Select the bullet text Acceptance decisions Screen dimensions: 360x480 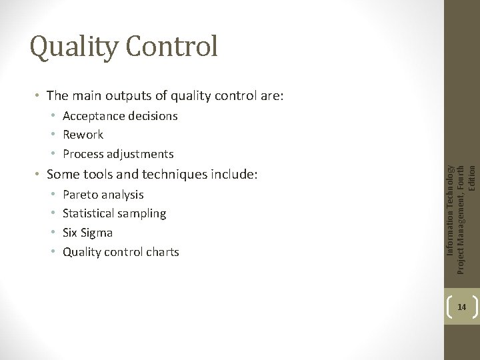[x=120, y=116]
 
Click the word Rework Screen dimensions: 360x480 [x=83, y=135]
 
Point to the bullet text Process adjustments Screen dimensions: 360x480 [x=118, y=154]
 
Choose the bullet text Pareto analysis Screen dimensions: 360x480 [x=103, y=195]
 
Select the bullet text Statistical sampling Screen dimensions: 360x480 [x=114, y=213]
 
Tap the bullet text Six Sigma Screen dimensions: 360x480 [x=87, y=233]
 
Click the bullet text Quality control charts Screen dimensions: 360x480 [x=121, y=252]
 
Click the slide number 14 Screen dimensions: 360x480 [x=461, y=307]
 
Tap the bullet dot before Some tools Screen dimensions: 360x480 [x=37, y=175]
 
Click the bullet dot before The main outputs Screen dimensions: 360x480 [x=37, y=97]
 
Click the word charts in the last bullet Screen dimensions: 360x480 [x=163, y=252]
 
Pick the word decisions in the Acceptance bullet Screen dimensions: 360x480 [x=153, y=116]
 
